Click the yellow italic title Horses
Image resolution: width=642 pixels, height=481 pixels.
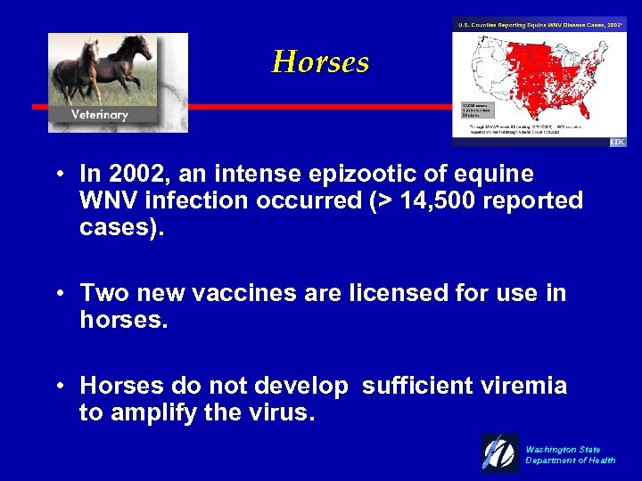320,62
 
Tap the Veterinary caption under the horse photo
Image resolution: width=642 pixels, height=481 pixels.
100,114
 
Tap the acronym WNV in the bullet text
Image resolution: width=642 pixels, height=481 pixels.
106,200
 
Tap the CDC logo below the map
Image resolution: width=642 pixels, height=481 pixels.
618,143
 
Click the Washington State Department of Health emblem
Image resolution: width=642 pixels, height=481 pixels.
500,452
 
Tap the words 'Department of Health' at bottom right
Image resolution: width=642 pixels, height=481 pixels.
570,461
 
